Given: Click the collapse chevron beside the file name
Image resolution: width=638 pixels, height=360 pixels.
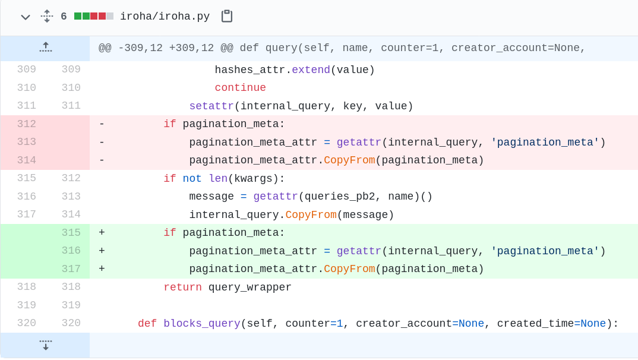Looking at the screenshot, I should click(25, 17).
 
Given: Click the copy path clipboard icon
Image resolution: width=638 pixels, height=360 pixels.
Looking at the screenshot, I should click(226, 16).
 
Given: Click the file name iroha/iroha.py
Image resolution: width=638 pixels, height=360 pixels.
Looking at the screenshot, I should click(165, 17).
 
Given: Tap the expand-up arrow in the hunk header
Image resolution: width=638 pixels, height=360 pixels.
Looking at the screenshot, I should click(45, 48).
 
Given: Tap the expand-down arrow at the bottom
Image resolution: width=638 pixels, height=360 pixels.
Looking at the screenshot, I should click(45, 345).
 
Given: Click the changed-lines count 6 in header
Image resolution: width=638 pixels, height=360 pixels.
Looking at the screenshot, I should click(64, 17).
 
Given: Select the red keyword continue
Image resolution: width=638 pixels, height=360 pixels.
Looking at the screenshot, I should click(240, 88).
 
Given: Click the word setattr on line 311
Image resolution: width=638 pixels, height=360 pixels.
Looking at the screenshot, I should click(211, 106).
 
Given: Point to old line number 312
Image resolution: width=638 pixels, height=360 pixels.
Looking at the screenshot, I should click(26, 124).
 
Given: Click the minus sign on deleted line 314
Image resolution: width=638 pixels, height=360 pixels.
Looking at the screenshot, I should click(102, 160).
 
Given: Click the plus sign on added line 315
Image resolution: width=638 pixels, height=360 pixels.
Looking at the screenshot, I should click(102, 233).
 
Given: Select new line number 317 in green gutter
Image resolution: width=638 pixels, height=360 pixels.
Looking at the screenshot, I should click(71, 269).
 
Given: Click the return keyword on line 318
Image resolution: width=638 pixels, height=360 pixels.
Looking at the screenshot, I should click(182, 288).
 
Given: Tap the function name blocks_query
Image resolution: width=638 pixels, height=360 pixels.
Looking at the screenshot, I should click(201, 324).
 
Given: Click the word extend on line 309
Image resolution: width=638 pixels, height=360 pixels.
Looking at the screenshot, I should click(311, 70).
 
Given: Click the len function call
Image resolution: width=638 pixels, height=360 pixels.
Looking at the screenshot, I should click(217, 179).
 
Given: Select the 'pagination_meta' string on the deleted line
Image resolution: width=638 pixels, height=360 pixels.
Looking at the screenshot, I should click(545, 143).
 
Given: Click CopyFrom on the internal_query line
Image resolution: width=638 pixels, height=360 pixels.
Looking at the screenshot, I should click(311, 215).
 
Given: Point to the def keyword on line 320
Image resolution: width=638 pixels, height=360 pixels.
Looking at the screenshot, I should click(147, 324).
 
